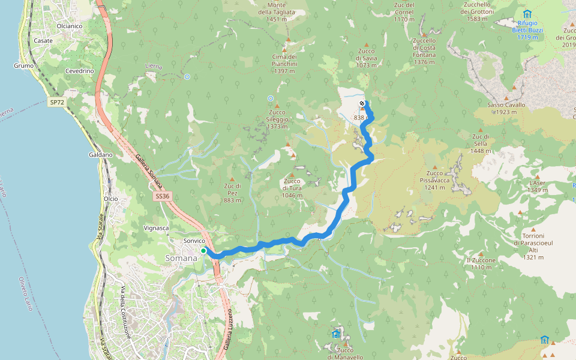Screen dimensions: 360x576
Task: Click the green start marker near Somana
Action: point(204,251)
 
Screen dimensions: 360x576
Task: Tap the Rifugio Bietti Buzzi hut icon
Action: point(527,14)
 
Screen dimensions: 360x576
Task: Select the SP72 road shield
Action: point(56,103)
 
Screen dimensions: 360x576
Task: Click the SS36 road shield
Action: point(162,196)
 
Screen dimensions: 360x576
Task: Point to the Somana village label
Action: point(181,258)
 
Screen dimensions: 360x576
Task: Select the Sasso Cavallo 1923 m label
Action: point(506,108)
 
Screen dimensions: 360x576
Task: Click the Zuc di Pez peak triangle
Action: point(232,179)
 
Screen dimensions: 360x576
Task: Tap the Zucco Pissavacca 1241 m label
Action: point(435,180)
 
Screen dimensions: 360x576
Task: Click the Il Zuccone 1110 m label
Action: point(481,263)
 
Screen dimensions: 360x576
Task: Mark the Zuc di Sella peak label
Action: point(481,143)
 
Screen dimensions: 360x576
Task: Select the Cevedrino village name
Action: point(80,71)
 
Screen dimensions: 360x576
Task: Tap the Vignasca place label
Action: point(157,228)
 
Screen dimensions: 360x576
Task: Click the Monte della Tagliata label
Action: point(277,12)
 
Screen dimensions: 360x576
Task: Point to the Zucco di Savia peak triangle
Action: point(362,43)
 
